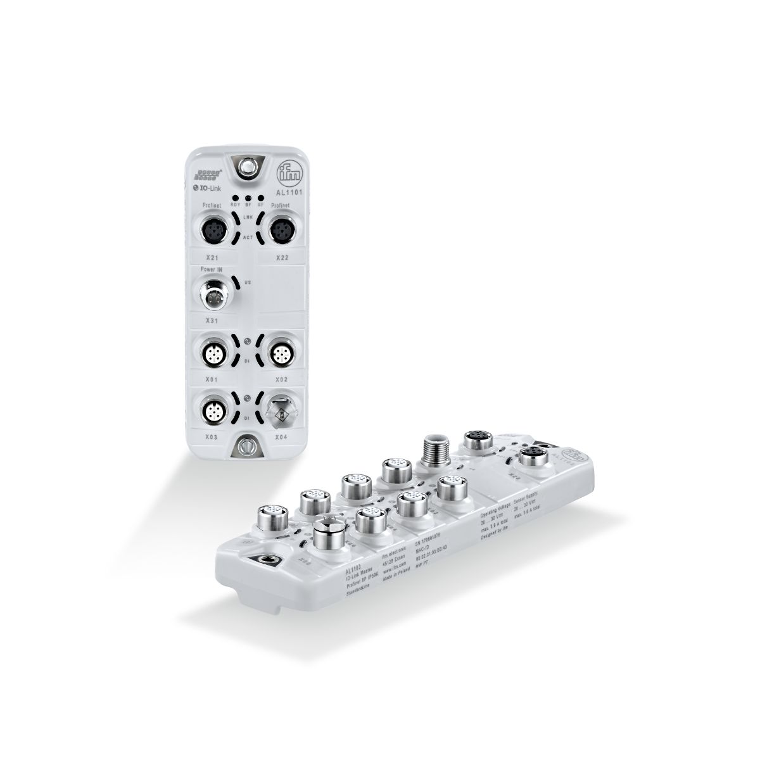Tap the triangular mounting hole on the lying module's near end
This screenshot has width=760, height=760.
(262, 557)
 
